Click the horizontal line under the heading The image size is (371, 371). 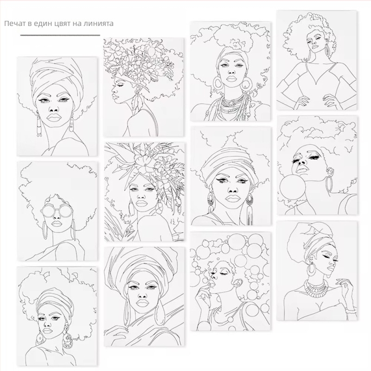(60, 35)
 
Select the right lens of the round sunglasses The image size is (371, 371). (64, 211)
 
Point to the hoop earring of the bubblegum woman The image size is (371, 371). (329, 184)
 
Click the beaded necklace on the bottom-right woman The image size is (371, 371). (316, 288)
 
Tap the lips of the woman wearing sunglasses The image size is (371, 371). (57, 223)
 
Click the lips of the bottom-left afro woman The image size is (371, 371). (47, 331)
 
